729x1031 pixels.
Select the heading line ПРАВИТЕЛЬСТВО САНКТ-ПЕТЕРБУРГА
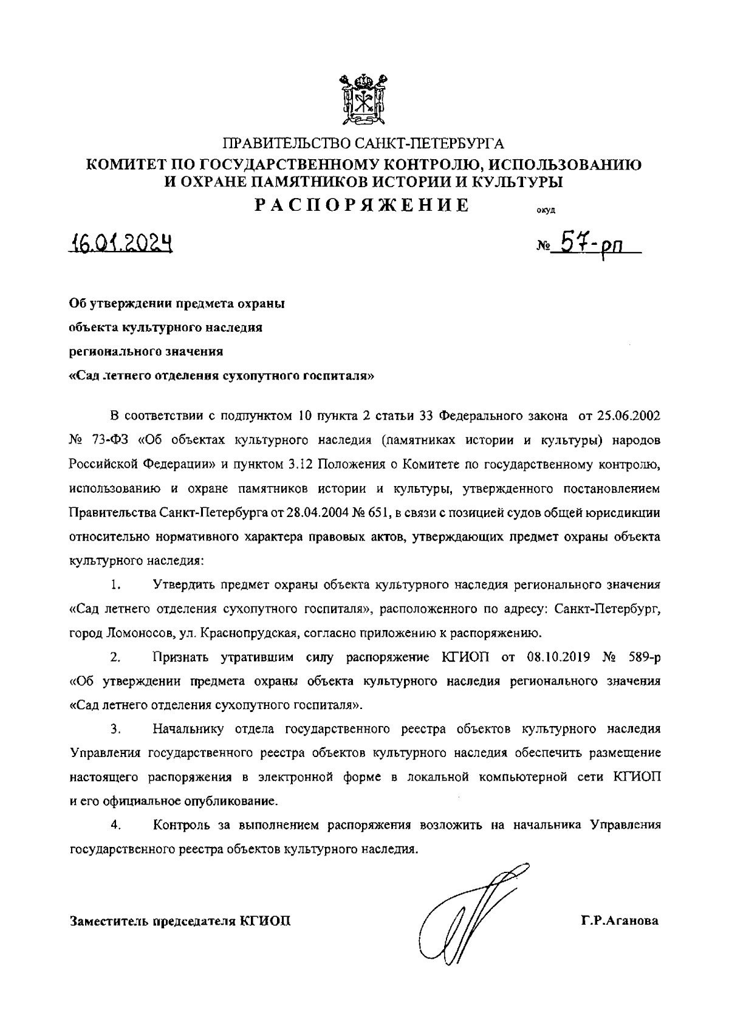point(364,145)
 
